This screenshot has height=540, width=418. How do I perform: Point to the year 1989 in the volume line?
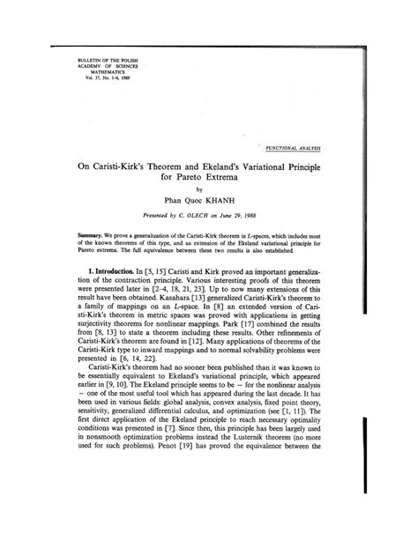(107, 78)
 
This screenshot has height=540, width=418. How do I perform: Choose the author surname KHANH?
(234, 201)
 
